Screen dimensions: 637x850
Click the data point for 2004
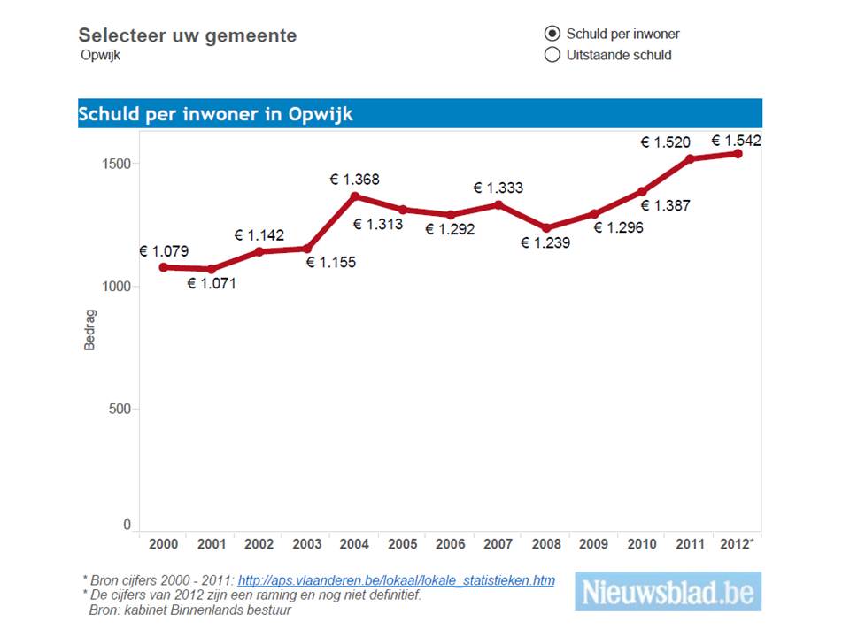pos(355,196)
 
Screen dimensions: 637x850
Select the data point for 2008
pos(546,228)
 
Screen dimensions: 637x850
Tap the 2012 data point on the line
pos(737,154)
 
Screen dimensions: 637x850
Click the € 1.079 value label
pos(164,251)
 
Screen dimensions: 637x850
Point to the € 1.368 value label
pos(354,180)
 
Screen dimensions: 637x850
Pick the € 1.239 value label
pos(545,243)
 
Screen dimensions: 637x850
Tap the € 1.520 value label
pos(665,142)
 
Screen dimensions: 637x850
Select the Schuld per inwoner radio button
pos(552,34)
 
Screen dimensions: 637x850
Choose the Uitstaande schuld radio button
pos(552,55)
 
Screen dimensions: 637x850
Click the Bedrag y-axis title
pos(89,329)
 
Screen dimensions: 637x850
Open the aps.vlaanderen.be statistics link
pos(397,580)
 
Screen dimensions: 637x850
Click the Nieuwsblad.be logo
pos(668,591)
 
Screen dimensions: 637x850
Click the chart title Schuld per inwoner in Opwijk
pos(216,114)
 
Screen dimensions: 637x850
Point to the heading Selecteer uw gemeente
pos(188,35)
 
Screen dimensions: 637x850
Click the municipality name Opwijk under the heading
pos(100,55)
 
